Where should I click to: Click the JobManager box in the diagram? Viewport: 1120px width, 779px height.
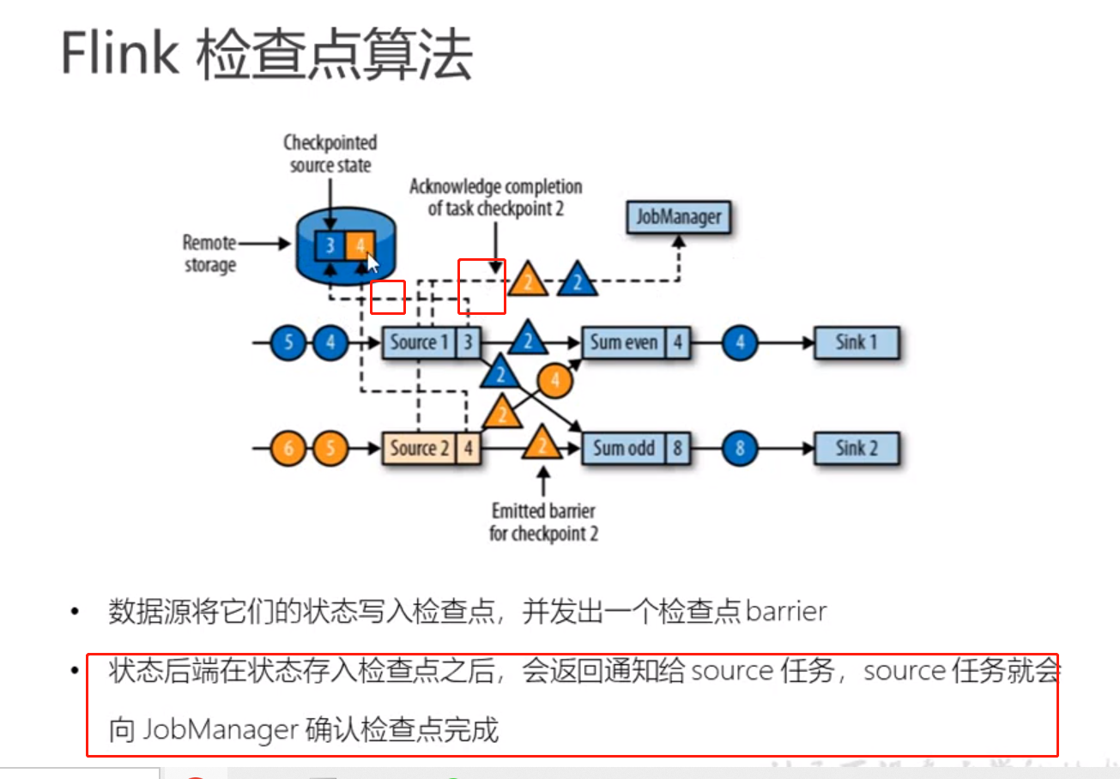coord(678,216)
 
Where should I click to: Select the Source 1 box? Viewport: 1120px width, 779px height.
coord(419,343)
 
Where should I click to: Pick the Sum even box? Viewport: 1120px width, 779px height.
coord(624,343)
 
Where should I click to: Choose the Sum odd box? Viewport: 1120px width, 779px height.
coord(624,448)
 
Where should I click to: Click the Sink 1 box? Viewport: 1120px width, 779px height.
coord(856,343)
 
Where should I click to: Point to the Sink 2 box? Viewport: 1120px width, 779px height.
coord(856,448)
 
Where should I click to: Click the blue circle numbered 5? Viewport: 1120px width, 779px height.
coord(288,344)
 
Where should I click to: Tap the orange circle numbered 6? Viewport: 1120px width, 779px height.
coord(288,448)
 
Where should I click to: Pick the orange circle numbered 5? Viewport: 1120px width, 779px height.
coord(330,448)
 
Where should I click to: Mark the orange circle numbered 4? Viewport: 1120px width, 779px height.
coord(554,381)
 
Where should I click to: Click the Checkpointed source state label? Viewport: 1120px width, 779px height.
coord(330,152)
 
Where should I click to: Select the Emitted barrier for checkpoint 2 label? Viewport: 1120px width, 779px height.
coord(544,522)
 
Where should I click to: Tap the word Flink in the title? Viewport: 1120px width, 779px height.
coord(119,56)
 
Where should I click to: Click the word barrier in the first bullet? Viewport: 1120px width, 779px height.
coord(786,611)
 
